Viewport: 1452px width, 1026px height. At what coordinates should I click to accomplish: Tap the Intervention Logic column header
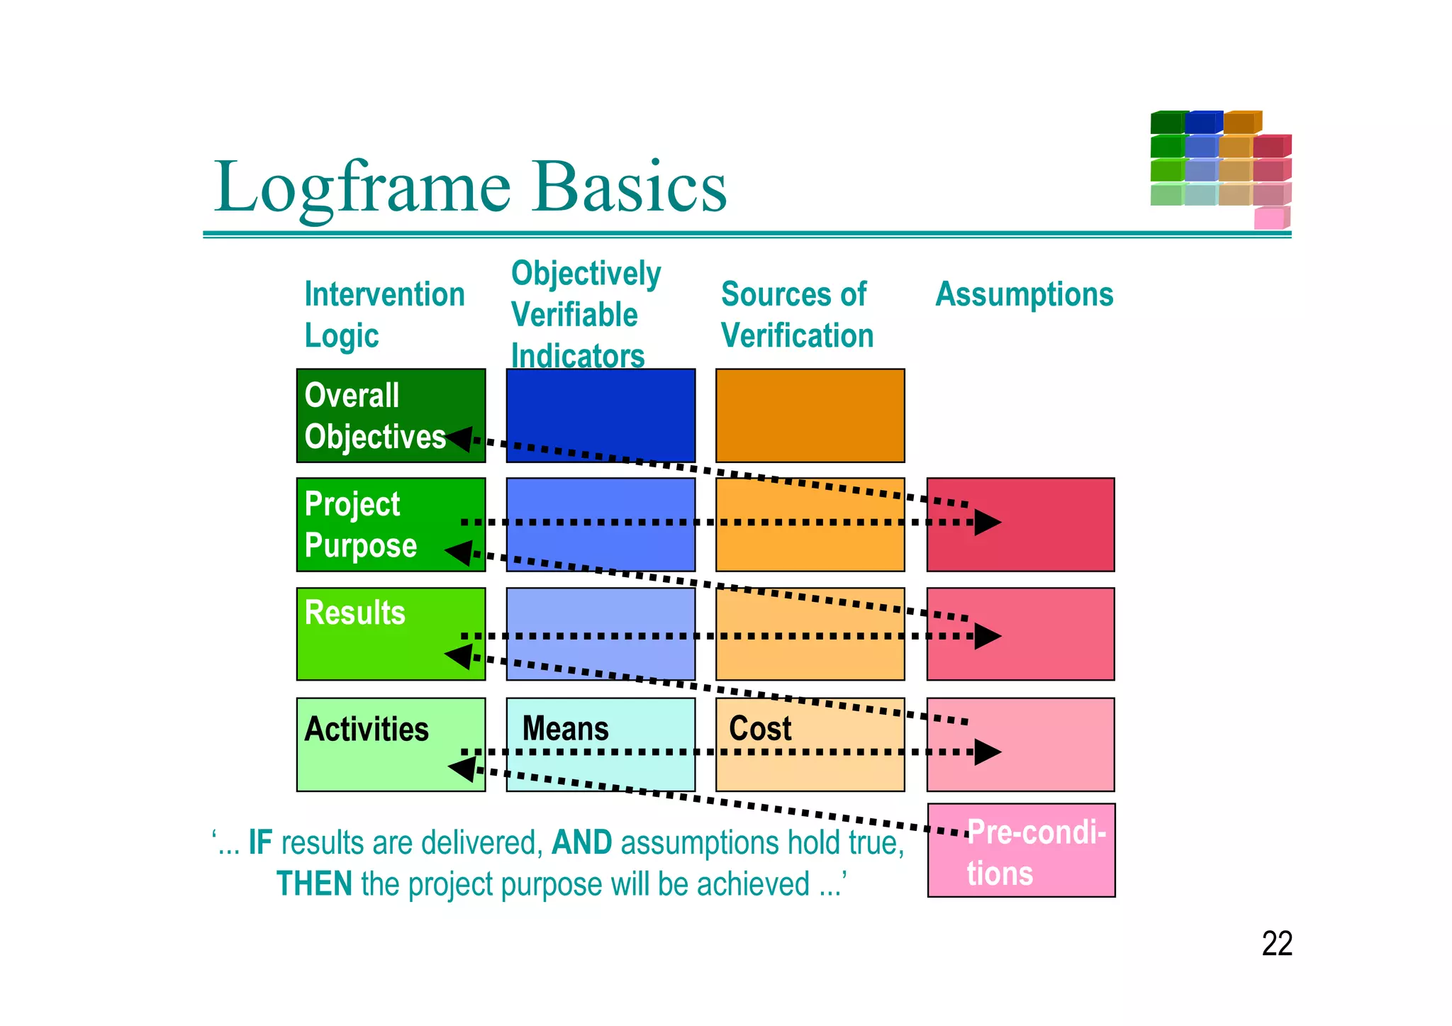click(x=384, y=314)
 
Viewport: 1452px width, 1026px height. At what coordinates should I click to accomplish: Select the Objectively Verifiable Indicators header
click(x=586, y=314)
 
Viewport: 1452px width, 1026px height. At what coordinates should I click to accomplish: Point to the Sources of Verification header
click(x=797, y=314)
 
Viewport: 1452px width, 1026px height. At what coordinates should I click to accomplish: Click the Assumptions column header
click(x=1024, y=294)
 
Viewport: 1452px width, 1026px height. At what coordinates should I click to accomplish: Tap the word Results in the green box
click(x=354, y=613)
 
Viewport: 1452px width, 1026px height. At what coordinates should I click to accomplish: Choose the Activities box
click(x=367, y=729)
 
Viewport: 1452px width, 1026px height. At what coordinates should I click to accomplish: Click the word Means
click(x=565, y=729)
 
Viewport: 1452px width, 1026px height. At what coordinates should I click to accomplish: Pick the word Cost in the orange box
click(x=760, y=729)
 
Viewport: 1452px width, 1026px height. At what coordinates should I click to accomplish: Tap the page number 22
click(x=1276, y=944)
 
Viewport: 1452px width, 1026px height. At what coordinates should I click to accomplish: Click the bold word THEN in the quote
click(x=313, y=884)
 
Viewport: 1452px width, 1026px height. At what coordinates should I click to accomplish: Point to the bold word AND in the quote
click(x=581, y=843)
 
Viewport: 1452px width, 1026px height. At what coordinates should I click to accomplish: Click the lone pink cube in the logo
click(x=1269, y=218)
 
